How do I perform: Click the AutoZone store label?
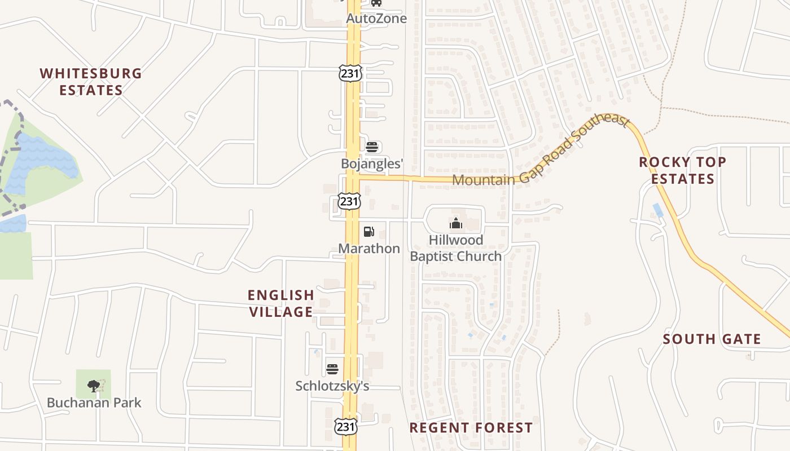click(x=376, y=19)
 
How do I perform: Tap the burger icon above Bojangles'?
click(x=372, y=148)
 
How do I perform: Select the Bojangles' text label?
click(x=372, y=163)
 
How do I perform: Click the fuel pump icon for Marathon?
click(x=368, y=231)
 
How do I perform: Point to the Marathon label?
click(x=369, y=248)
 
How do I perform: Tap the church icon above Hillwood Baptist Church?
click(x=456, y=224)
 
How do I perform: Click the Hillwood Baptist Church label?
click(x=456, y=248)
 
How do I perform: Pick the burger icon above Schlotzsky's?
click(x=332, y=369)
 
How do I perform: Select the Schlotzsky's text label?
click(x=332, y=386)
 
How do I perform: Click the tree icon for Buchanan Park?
click(x=94, y=386)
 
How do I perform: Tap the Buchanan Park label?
click(x=94, y=403)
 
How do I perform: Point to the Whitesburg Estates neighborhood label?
click(x=91, y=82)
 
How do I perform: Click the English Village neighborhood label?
click(x=281, y=303)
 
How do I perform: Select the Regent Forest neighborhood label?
click(x=471, y=428)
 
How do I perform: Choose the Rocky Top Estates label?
click(x=682, y=170)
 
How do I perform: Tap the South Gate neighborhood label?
click(x=712, y=339)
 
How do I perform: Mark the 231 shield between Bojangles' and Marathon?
click(x=349, y=201)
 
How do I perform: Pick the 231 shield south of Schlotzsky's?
click(x=345, y=427)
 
